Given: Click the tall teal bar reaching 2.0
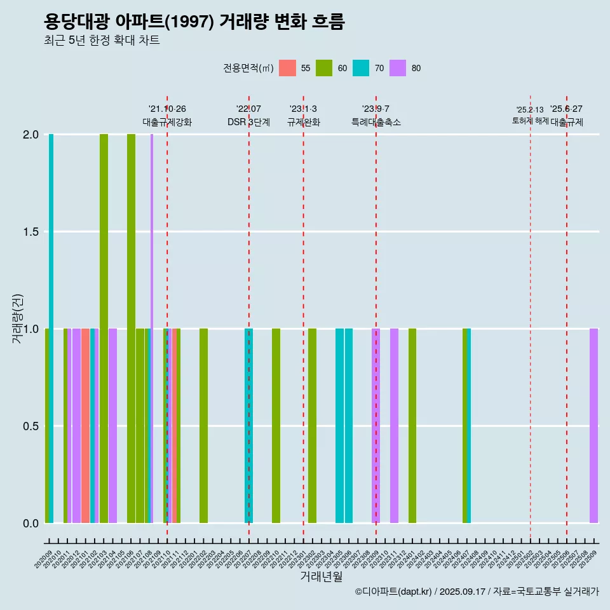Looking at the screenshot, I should (x=51, y=328).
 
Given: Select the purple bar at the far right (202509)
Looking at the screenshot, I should (x=593, y=426).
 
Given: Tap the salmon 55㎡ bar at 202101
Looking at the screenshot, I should (x=85, y=426).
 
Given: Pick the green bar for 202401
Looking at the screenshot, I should (x=412, y=426).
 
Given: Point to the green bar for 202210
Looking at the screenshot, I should (x=276, y=426).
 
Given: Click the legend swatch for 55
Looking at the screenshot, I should (x=287, y=68).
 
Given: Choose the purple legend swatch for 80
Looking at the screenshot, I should (x=398, y=68).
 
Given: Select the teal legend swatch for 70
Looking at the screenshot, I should (x=361, y=68).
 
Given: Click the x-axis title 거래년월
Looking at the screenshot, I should (x=321, y=577).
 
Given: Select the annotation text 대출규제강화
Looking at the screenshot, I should (x=167, y=122).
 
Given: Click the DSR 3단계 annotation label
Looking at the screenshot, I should (x=248, y=122).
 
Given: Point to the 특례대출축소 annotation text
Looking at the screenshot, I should (x=376, y=122).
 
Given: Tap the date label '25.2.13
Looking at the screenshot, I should (x=530, y=110).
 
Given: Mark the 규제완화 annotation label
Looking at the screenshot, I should (x=303, y=122).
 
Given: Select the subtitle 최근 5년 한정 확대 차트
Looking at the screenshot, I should (x=102, y=41).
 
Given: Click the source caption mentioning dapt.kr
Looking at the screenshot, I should (x=477, y=592).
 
